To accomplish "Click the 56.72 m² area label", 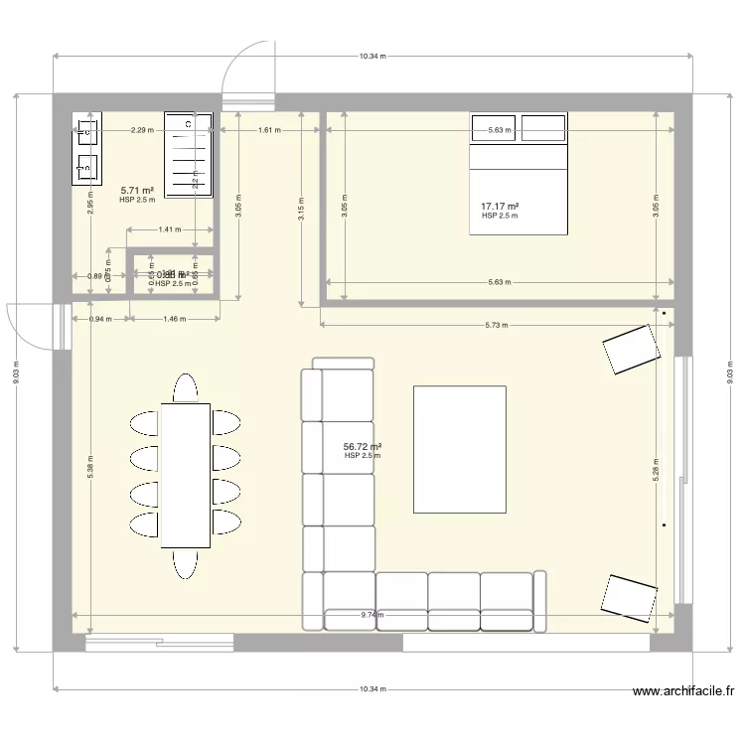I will [x=363, y=447].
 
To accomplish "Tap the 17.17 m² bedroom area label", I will [x=501, y=207].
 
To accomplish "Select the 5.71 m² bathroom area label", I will [x=137, y=190].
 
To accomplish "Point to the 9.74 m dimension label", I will [x=372, y=615].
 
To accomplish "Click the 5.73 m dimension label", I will [x=494, y=325].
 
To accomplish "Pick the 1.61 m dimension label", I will [x=268, y=130].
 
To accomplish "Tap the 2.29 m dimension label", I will [x=142, y=130].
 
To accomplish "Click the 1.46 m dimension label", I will [x=176, y=319].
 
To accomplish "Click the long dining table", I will [x=186, y=475].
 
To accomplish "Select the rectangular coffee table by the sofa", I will [x=459, y=449].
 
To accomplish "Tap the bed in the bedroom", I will [x=518, y=174].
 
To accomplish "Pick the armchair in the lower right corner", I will [x=628, y=596].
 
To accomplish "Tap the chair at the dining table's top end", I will [x=186, y=386].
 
